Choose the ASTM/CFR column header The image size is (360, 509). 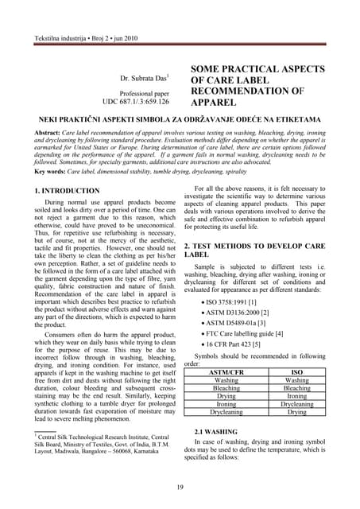point(226,371)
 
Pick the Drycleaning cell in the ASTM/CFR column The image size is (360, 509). point(226,412)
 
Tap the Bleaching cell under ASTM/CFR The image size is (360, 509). point(226,387)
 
